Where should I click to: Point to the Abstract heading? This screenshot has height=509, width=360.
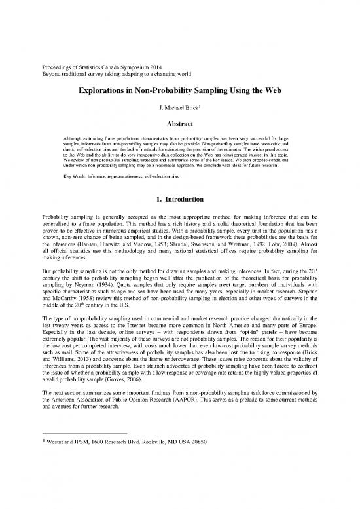(x=179, y=122)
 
